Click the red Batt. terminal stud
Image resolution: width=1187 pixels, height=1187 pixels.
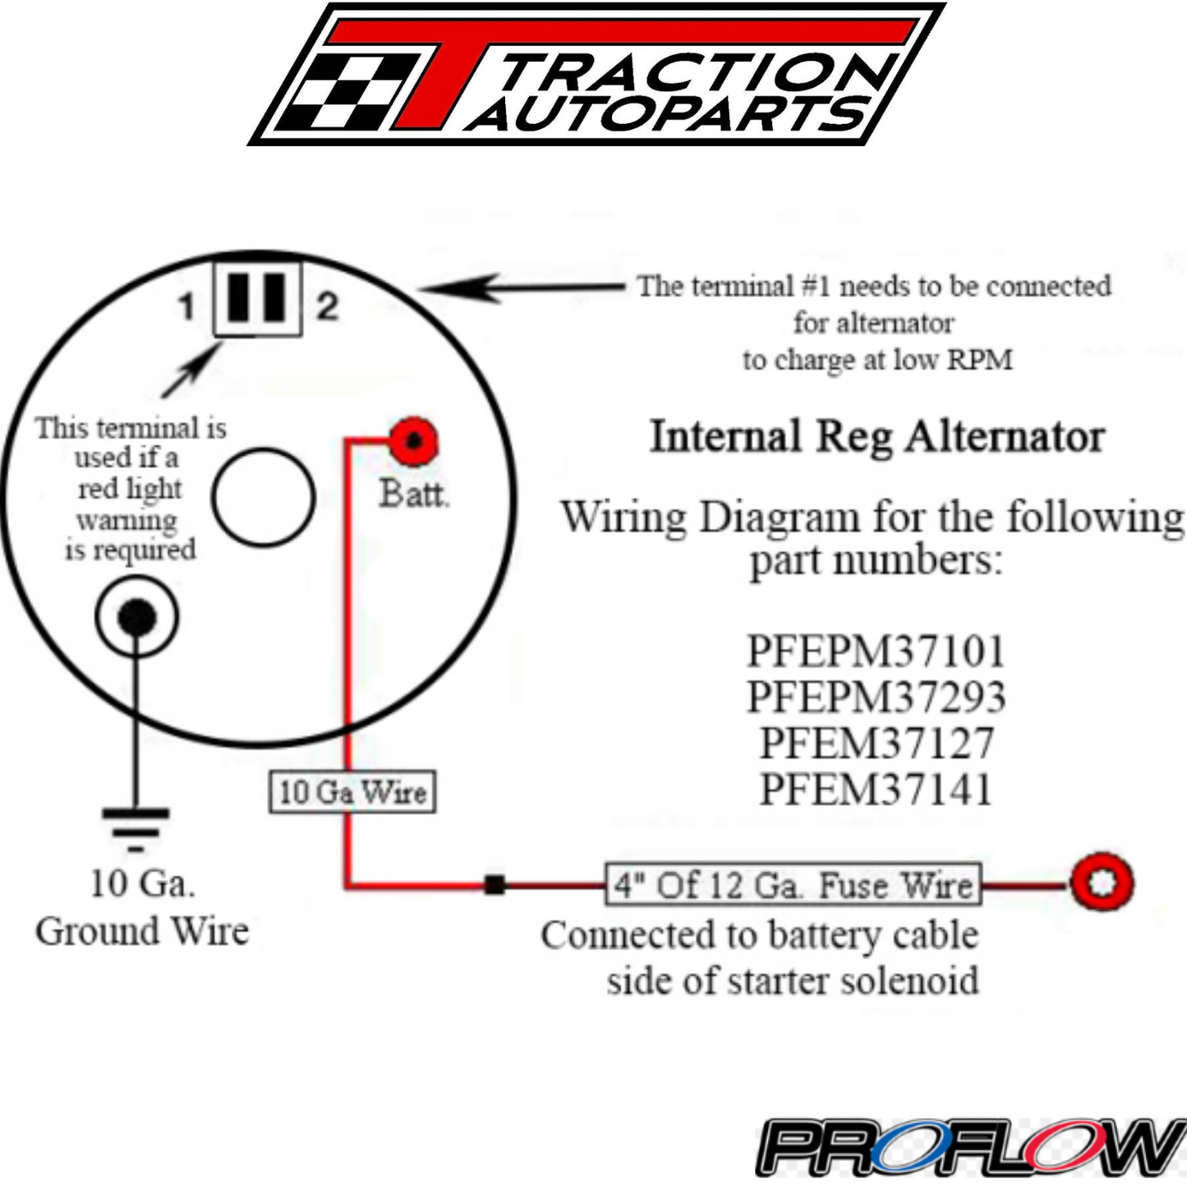(413, 441)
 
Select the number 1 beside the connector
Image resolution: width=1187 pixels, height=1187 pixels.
(187, 307)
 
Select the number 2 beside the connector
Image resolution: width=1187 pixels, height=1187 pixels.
(327, 306)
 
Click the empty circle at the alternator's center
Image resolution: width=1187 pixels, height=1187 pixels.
(263, 497)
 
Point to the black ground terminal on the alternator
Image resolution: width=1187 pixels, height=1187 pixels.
(136, 617)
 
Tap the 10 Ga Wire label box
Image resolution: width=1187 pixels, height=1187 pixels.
(352, 792)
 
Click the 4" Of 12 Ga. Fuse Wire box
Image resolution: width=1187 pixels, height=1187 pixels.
(793, 885)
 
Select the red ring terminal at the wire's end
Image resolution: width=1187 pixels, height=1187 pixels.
(1102, 883)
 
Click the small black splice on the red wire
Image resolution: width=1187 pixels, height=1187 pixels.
(495, 885)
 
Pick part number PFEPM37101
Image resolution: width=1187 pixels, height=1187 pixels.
(875, 651)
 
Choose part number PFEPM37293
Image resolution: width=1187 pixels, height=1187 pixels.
(875, 697)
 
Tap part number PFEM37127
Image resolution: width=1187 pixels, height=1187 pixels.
(876, 743)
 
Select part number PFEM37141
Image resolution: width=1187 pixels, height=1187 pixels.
(876, 789)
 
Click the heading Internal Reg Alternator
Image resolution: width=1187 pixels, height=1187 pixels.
(876, 436)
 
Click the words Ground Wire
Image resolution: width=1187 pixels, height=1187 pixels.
(141, 932)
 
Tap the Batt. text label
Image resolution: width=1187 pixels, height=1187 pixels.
(413, 495)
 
